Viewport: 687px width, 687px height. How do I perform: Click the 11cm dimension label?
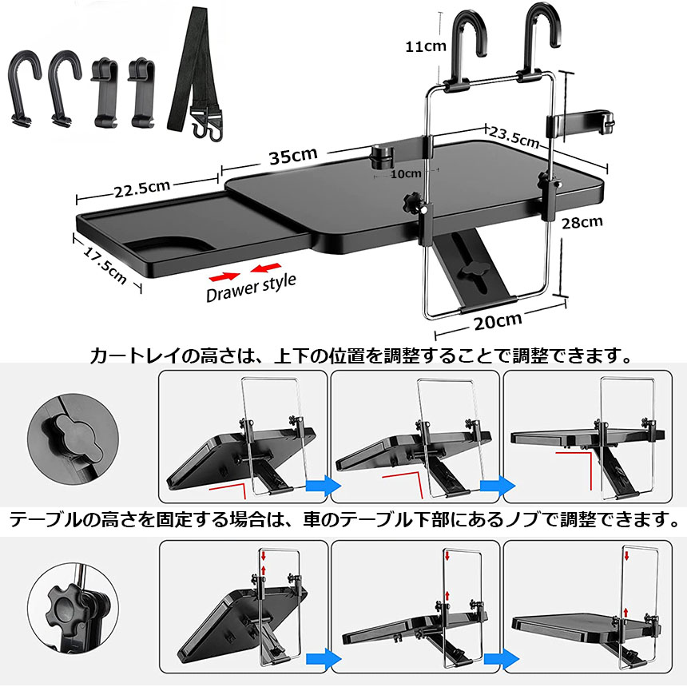424,46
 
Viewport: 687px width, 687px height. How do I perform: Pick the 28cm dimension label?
582,222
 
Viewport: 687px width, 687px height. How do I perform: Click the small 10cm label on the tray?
406,173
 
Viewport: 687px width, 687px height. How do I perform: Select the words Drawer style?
251,286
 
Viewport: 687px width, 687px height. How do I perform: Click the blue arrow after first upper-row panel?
322,486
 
